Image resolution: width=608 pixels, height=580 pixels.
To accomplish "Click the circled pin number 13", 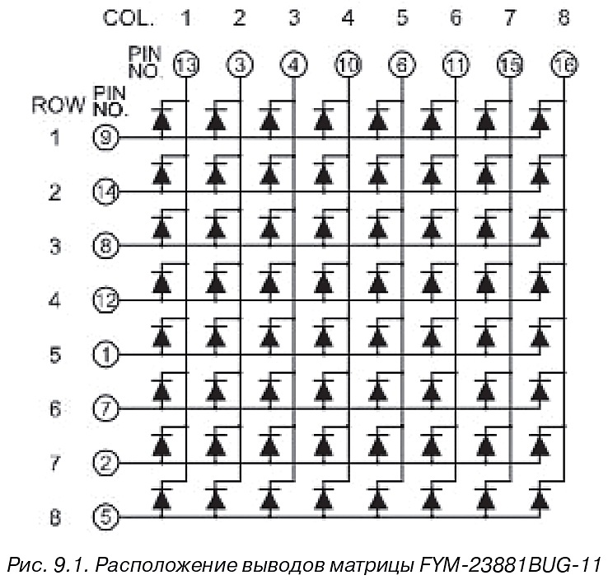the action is coord(185,65).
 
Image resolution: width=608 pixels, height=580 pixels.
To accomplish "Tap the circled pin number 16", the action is coord(564,65).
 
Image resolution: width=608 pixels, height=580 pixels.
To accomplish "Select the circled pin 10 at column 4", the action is coord(347,65).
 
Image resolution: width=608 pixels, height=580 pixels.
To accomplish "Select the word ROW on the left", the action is coord(58,106).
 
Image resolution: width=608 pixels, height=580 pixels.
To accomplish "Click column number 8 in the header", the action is coord(564,17).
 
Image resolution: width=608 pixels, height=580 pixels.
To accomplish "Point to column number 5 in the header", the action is coord(402,17).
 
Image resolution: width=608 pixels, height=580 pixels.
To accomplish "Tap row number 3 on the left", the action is coord(55,246).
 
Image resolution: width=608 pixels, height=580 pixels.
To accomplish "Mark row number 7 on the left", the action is coord(55,463).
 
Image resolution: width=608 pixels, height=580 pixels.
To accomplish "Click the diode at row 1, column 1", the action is coord(161,120).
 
